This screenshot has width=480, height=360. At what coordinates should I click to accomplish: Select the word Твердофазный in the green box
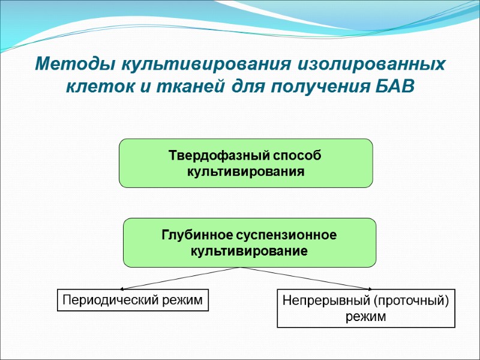(218, 156)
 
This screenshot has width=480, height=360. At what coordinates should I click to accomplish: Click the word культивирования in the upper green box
(246, 172)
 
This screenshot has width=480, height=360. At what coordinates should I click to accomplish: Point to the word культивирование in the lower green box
(249, 251)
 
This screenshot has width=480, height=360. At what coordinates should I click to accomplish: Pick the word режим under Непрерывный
(366, 316)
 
